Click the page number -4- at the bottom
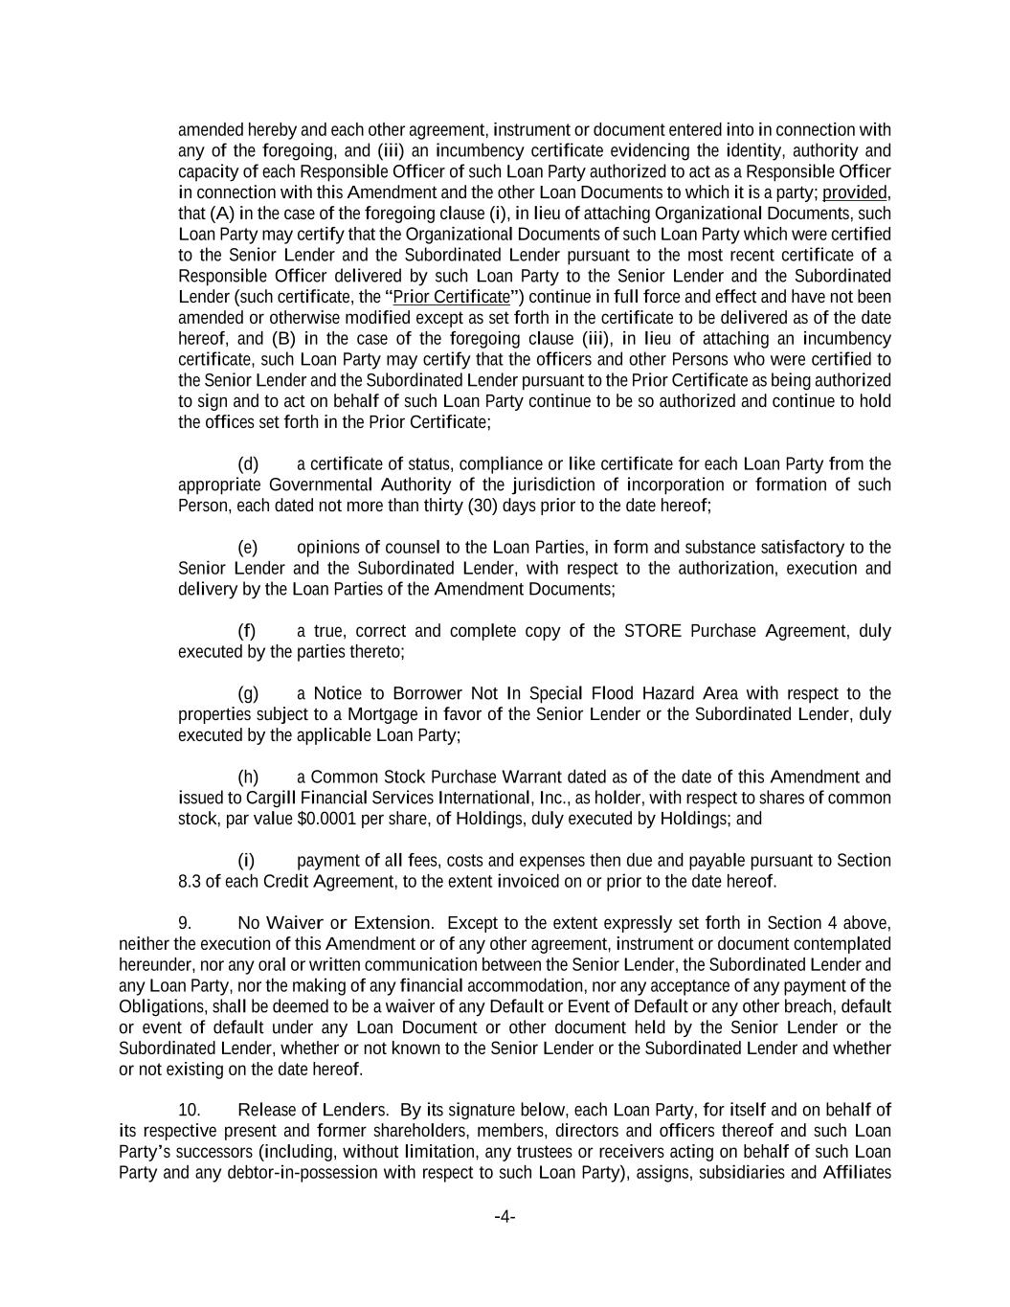click(505, 1217)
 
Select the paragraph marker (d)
click(248, 464)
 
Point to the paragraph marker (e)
click(248, 548)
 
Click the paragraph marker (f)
click(247, 631)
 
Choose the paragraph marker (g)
click(248, 693)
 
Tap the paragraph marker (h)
click(248, 777)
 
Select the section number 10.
click(189, 1110)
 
